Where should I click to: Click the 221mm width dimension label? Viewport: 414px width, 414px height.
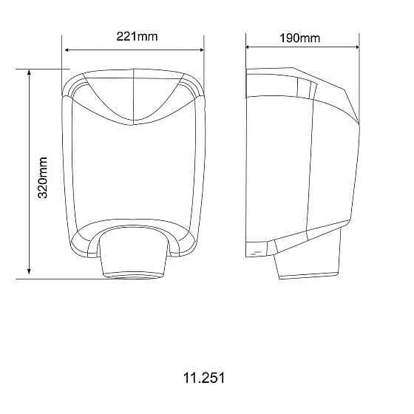click(137, 36)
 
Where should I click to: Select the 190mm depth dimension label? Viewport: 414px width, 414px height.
click(300, 38)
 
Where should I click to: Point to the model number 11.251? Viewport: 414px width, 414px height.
click(203, 378)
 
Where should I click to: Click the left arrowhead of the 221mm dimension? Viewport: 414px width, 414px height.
click(68, 50)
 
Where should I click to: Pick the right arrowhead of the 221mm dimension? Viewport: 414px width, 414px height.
click(200, 50)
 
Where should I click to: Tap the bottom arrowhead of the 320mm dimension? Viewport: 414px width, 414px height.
click(29, 274)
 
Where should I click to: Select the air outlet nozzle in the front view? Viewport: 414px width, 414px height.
click(133, 255)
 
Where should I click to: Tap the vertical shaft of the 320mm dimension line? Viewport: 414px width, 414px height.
click(29, 133)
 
